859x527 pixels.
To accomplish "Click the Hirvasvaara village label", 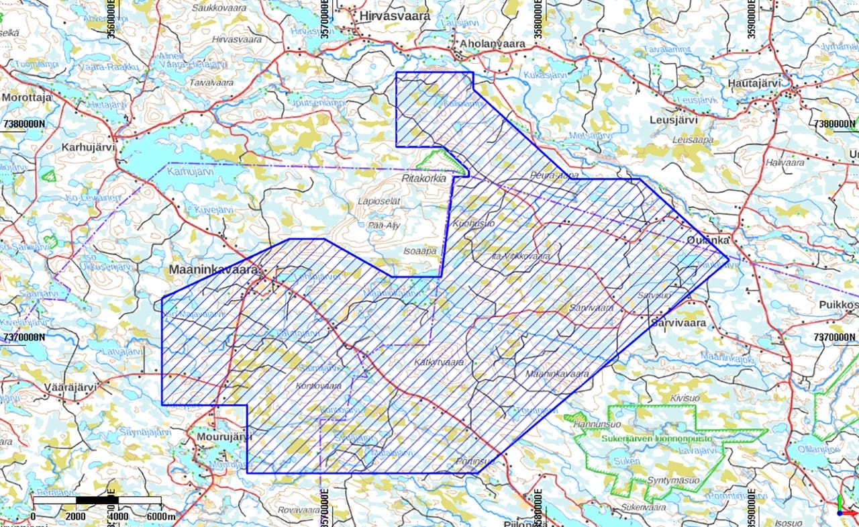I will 395,15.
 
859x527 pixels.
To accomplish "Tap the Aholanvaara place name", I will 493,44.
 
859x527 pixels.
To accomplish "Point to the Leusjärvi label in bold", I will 674,120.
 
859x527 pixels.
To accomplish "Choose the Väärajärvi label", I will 70,387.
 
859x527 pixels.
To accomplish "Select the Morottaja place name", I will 27,97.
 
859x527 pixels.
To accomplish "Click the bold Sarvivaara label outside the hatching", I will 678,323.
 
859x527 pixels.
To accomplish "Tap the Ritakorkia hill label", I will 423,179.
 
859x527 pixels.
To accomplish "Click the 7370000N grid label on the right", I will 834,336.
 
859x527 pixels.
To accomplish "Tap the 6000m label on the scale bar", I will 161,516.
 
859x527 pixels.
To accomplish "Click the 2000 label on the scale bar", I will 75,516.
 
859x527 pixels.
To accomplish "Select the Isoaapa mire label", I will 420,251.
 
